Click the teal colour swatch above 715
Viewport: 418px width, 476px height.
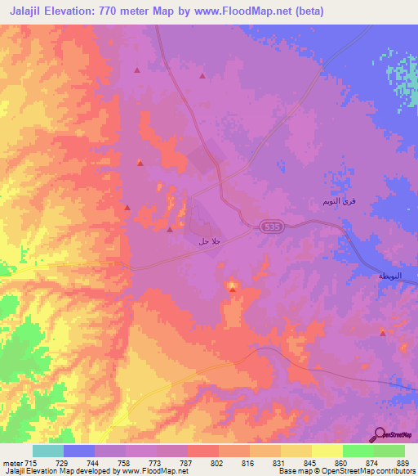pyautogui.click(x=48, y=451)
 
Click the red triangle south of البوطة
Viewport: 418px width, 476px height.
pyautogui.click(x=383, y=332)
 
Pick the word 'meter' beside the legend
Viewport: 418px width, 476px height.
pyautogui.click(x=13, y=464)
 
